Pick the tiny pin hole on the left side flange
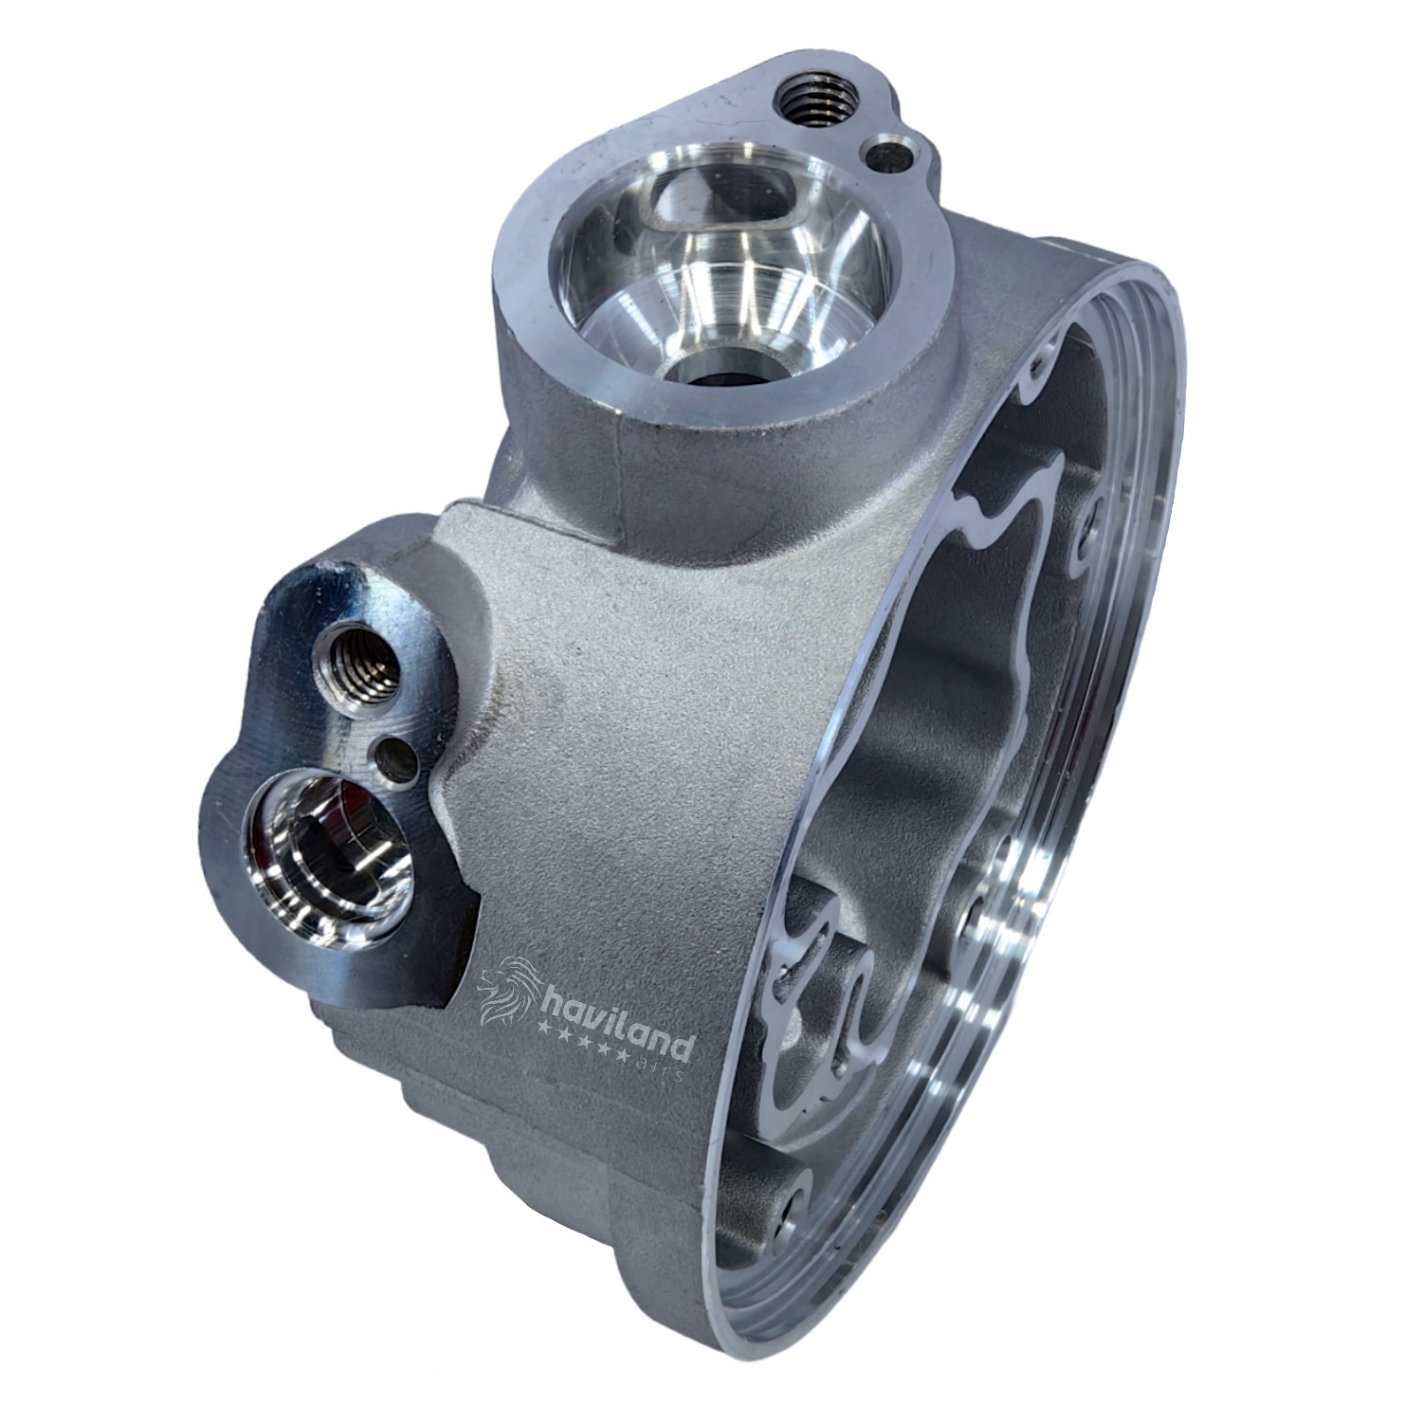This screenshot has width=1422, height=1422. [x=394, y=757]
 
